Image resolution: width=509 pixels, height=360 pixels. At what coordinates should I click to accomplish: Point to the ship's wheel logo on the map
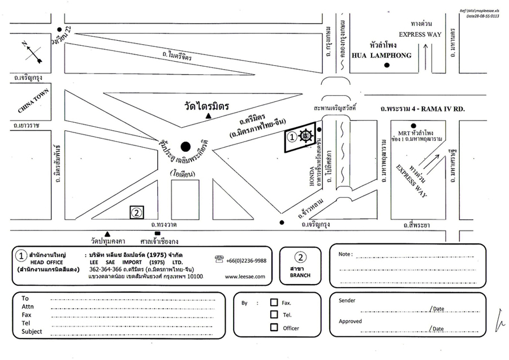306,136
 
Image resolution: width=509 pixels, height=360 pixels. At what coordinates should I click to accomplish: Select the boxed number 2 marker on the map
136,213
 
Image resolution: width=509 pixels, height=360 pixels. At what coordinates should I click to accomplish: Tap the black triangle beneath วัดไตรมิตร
209,116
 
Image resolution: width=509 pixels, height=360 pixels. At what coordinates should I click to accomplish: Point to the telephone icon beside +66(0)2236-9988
219,259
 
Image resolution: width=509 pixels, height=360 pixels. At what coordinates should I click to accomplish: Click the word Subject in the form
32,332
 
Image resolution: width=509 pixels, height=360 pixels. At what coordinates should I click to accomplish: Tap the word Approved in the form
351,321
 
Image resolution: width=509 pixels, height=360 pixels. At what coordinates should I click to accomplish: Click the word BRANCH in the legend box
300,275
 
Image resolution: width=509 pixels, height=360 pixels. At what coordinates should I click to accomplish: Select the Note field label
346,254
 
